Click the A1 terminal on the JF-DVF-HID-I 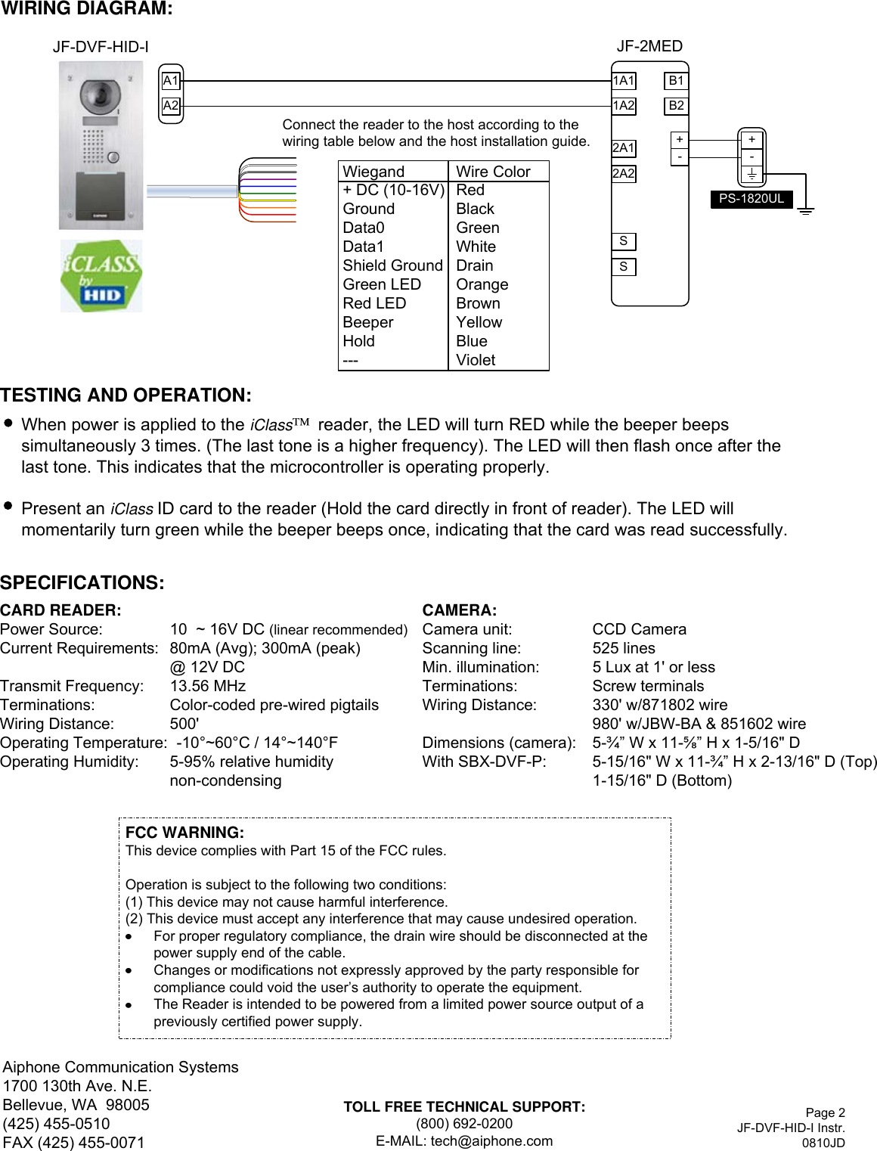click(171, 81)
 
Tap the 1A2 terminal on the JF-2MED click(624, 106)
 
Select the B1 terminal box click(676, 81)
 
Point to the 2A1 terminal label click(624, 148)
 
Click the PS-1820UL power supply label click(751, 199)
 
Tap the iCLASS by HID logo click(101, 276)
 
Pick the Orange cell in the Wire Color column click(482, 284)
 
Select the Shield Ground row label click(392, 265)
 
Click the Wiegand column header click(373, 172)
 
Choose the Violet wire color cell click(476, 360)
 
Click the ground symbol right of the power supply click(806, 210)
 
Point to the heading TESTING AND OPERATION click(126, 396)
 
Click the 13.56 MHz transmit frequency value click(208, 686)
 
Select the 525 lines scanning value click(624, 648)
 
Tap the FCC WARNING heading click(184, 833)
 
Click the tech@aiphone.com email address click(491, 1141)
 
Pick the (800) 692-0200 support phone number click(464, 1124)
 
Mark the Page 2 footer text click(825, 1112)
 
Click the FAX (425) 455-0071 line click(73, 1143)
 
